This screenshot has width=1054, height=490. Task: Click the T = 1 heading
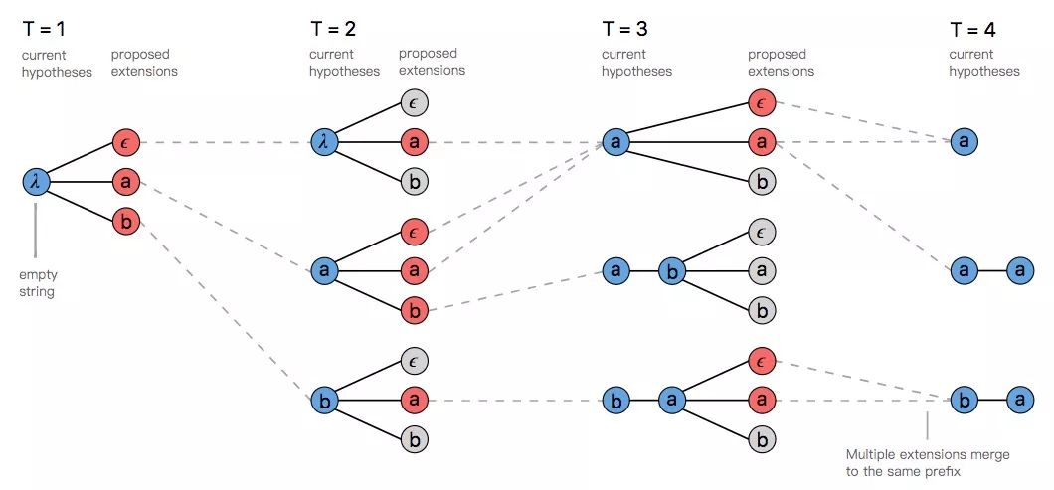[x=48, y=29]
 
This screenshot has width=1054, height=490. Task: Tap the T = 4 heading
[x=973, y=29]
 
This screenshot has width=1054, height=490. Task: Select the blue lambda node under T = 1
[x=36, y=181]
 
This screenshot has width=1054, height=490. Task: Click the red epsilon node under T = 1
[x=125, y=142]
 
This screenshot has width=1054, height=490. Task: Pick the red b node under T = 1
[x=125, y=222]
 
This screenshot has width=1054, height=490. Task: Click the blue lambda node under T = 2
[x=323, y=142]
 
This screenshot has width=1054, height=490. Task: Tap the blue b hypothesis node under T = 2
[x=323, y=402]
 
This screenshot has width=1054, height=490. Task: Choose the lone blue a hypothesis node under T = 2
[x=323, y=270]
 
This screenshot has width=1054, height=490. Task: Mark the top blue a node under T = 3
[x=615, y=142]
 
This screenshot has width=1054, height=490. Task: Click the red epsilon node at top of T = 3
[x=762, y=103]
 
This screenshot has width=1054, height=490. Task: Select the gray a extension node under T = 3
[x=762, y=270]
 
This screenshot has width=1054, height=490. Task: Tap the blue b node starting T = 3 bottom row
[x=615, y=402]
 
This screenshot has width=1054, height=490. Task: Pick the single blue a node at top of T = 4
[x=963, y=142]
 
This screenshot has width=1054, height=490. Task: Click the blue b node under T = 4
[x=963, y=402]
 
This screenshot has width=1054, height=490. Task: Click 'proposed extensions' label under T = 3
[x=781, y=62]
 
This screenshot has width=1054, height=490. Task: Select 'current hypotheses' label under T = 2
[x=344, y=62]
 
